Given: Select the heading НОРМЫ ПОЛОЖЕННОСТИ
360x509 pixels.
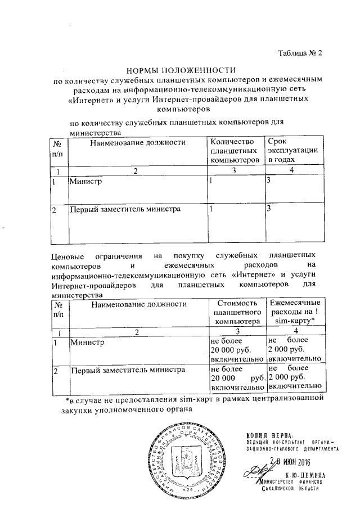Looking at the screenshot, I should click(179, 70).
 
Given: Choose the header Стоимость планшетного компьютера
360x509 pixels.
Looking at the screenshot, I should click(236, 312).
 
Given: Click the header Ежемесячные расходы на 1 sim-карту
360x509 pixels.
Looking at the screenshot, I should click(296, 312).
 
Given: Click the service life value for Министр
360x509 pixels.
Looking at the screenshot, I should click(269, 182).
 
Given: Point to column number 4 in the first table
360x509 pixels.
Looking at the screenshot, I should click(291, 170).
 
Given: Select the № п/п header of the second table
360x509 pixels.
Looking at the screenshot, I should click(58, 308).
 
